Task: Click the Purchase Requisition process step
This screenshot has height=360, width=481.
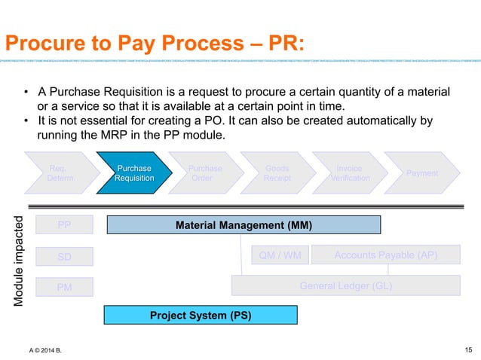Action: click(133, 173)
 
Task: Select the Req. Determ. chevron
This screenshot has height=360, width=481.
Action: click(60, 173)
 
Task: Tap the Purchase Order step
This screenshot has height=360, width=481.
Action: click(204, 173)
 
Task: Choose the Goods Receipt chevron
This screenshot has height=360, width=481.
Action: click(277, 173)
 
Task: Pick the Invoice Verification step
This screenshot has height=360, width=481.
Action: click(350, 173)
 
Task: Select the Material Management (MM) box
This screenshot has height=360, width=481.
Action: click(244, 224)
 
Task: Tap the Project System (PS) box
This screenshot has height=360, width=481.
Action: click(200, 314)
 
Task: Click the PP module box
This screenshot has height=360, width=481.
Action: click(64, 224)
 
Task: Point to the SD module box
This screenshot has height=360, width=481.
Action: click(64, 257)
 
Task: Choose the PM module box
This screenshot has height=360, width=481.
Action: click(64, 287)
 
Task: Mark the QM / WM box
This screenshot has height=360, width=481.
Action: click(280, 256)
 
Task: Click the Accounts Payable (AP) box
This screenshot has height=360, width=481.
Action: click(385, 256)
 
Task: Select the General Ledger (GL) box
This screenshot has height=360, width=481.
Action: click(345, 286)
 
